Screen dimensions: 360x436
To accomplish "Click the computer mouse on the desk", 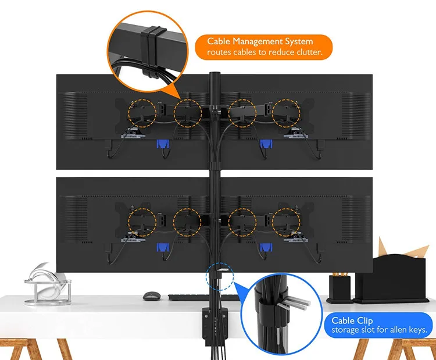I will pyautogui.click(x=151, y=295).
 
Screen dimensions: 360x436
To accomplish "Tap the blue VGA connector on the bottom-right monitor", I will pyautogui.click(x=266, y=248).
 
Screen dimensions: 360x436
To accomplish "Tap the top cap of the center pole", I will pyautogui.click(x=214, y=74).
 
